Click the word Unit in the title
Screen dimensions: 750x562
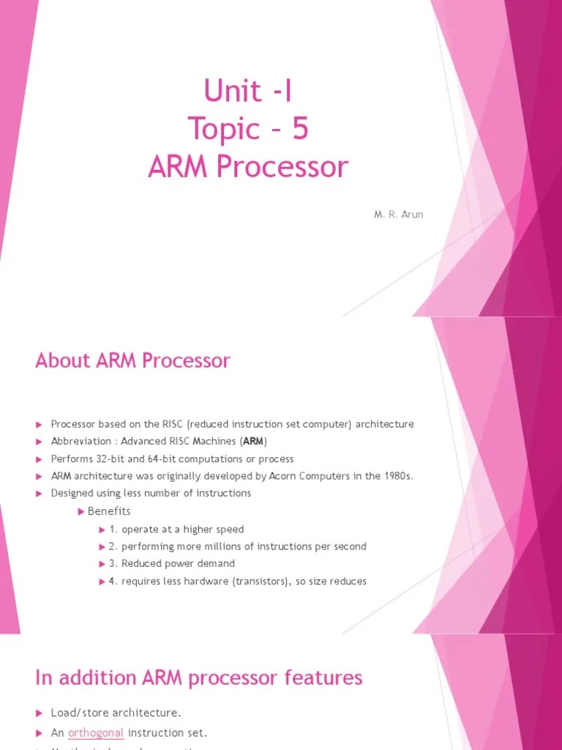(x=232, y=91)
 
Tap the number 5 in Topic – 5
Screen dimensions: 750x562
(x=300, y=129)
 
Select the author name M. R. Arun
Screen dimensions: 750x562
(x=400, y=215)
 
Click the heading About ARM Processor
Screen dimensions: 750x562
(x=132, y=360)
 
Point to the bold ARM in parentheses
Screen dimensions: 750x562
(x=252, y=442)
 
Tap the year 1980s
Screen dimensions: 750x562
(x=398, y=476)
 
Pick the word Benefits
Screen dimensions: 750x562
(x=109, y=511)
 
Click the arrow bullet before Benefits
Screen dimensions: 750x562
(x=81, y=511)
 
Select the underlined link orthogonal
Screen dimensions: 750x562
(x=96, y=732)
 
